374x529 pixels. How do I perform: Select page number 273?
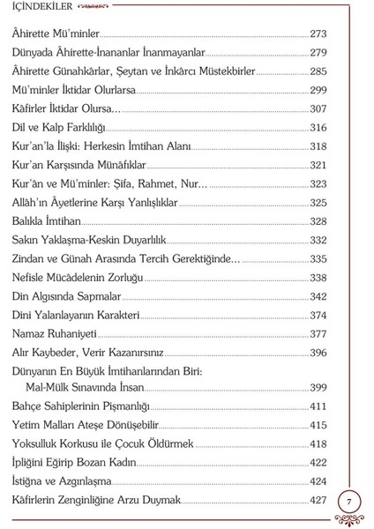pyautogui.click(x=318, y=34)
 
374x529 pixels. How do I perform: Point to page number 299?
pyautogui.click(x=318, y=90)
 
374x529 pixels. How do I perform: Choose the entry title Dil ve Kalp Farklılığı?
pyautogui.click(x=59, y=128)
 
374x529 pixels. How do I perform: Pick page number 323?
pyautogui.click(x=318, y=183)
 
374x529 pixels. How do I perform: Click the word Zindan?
pyautogui.click(x=33, y=258)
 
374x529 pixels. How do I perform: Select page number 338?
pyautogui.click(x=318, y=277)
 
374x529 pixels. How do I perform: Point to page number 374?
pyautogui.click(x=318, y=315)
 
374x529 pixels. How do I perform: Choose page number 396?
pyautogui.click(x=318, y=353)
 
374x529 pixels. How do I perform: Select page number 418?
pyautogui.click(x=318, y=443)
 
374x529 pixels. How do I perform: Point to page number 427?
pyautogui.click(x=318, y=500)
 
